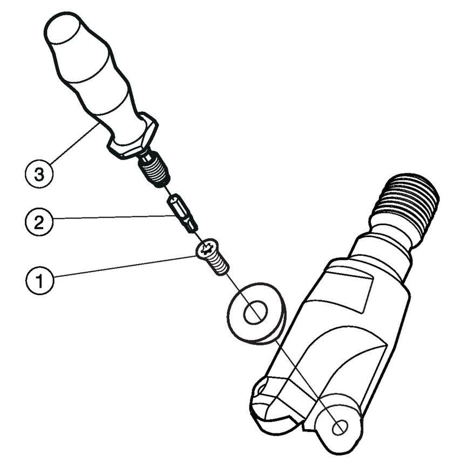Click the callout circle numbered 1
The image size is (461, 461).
tap(39, 280)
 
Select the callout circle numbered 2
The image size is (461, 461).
tap(39, 222)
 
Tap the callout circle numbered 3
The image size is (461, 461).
tap(39, 174)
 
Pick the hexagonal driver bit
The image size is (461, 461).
tap(182, 213)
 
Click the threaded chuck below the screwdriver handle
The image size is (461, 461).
tap(154, 170)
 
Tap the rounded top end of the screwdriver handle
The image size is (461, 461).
tap(63, 27)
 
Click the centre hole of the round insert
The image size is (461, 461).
tap(255, 313)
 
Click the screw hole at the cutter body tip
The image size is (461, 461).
tap(340, 427)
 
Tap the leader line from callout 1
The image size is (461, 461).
tap(125, 266)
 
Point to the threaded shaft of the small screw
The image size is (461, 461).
tap(219, 265)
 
